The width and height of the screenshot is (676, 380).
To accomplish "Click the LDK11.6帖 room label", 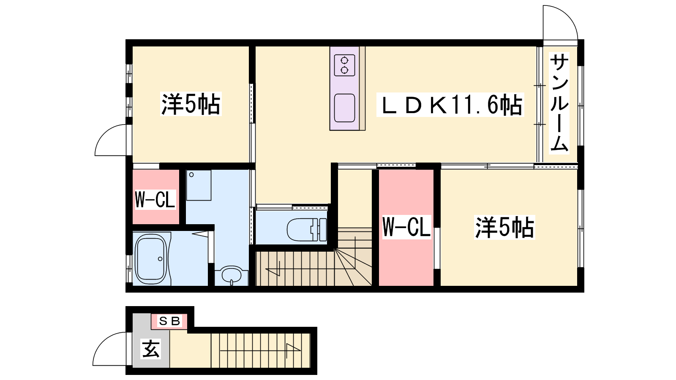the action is point(450,105).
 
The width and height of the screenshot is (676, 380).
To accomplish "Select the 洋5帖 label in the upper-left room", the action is point(191,104).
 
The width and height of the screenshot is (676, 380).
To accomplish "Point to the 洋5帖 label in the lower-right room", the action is point(504,228).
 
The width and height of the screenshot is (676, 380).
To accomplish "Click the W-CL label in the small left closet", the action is point(155,199).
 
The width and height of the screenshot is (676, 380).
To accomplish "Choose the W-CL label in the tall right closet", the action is point(406,227).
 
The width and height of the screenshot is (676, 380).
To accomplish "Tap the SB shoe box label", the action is point(169,321).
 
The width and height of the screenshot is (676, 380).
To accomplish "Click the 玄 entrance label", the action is point(150,349).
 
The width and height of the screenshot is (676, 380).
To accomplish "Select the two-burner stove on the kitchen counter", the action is point(344,65).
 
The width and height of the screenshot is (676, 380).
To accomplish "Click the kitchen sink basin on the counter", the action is point(344,108).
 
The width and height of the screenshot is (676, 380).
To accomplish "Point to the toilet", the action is point(306,230).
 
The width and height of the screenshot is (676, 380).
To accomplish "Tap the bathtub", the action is point(151,259).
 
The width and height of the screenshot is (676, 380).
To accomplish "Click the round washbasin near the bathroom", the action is point(232,275).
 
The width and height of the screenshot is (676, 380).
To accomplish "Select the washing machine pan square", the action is point(199,185).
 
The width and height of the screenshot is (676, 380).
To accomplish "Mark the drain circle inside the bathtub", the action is point(160,259).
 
